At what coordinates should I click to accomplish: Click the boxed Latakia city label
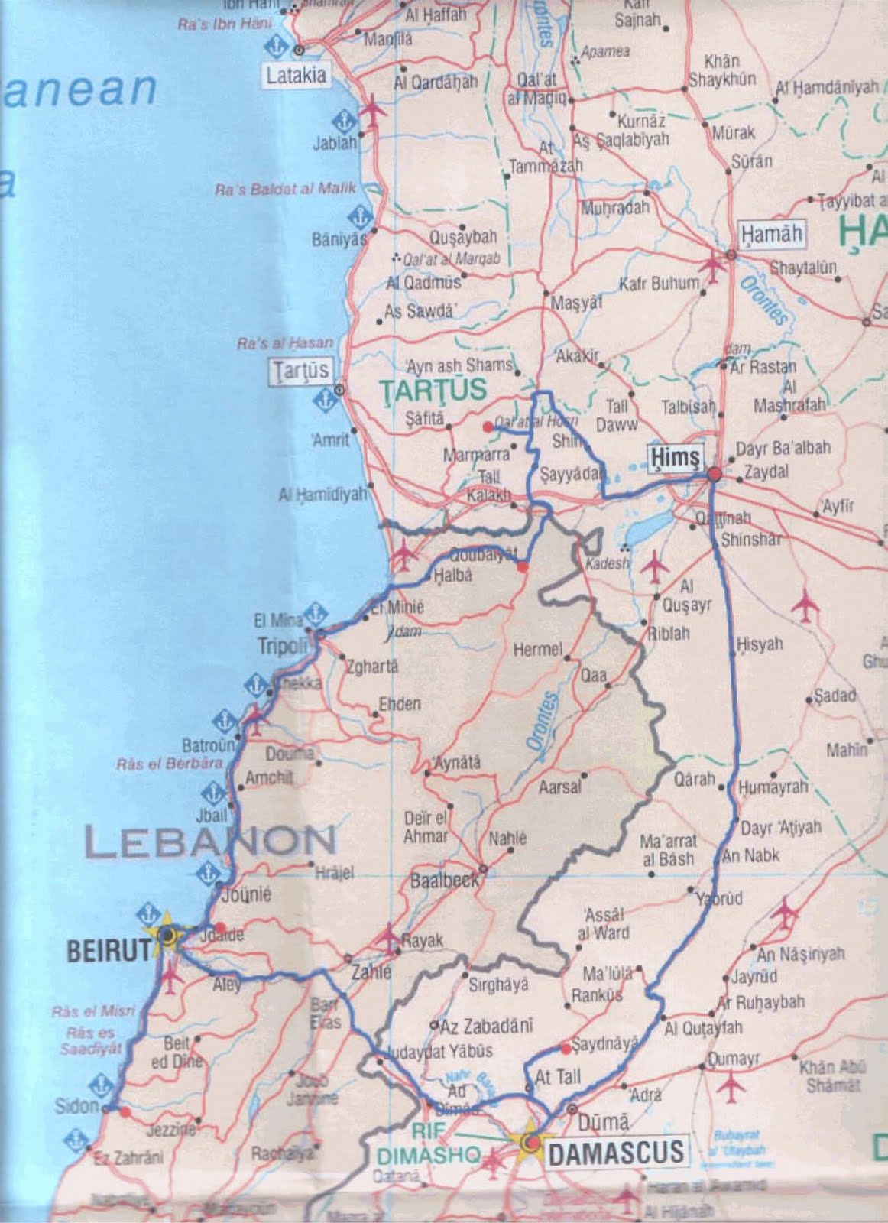(x=297, y=75)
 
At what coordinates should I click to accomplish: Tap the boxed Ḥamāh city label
(x=772, y=233)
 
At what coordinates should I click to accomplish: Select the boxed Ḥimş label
(x=675, y=456)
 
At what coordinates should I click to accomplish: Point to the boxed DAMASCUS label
(x=615, y=1152)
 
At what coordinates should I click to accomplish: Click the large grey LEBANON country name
(x=210, y=841)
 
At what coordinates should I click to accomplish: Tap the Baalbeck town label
(x=444, y=880)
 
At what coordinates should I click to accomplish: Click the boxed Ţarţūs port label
(x=300, y=371)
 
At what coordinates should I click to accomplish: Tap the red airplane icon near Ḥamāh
(x=712, y=267)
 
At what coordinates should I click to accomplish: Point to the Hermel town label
(x=537, y=650)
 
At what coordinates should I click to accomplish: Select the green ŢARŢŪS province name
(x=434, y=390)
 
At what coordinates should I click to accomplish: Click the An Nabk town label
(x=750, y=855)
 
